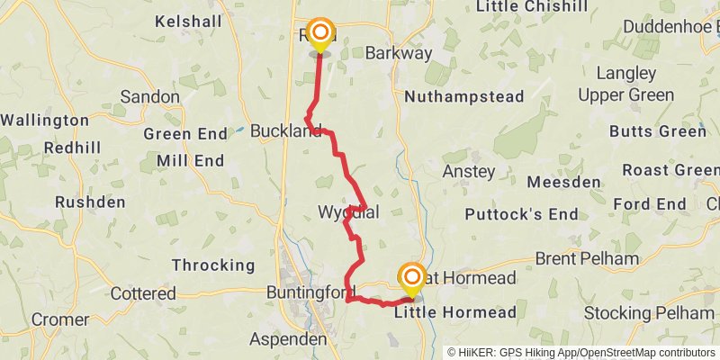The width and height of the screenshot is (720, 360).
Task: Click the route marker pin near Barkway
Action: (x=319, y=35)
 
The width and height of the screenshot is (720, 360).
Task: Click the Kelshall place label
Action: (x=190, y=20)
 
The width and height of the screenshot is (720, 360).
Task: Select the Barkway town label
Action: (x=399, y=53)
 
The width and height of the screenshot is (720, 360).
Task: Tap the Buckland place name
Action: (x=285, y=130)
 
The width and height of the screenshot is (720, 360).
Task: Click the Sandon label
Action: (x=149, y=95)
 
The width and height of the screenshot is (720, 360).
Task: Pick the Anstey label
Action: (x=469, y=170)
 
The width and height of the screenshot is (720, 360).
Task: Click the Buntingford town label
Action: (x=307, y=292)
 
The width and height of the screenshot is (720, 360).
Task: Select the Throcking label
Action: (x=213, y=265)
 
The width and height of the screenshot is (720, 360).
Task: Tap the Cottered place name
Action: (x=143, y=293)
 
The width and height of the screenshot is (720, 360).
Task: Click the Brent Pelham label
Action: (x=587, y=259)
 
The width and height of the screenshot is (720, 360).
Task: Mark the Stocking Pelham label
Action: (x=648, y=313)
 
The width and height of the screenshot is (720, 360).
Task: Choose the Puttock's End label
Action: (x=521, y=214)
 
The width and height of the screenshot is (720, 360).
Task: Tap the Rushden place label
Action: (x=90, y=202)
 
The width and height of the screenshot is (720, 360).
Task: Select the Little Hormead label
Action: (x=455, y=312)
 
